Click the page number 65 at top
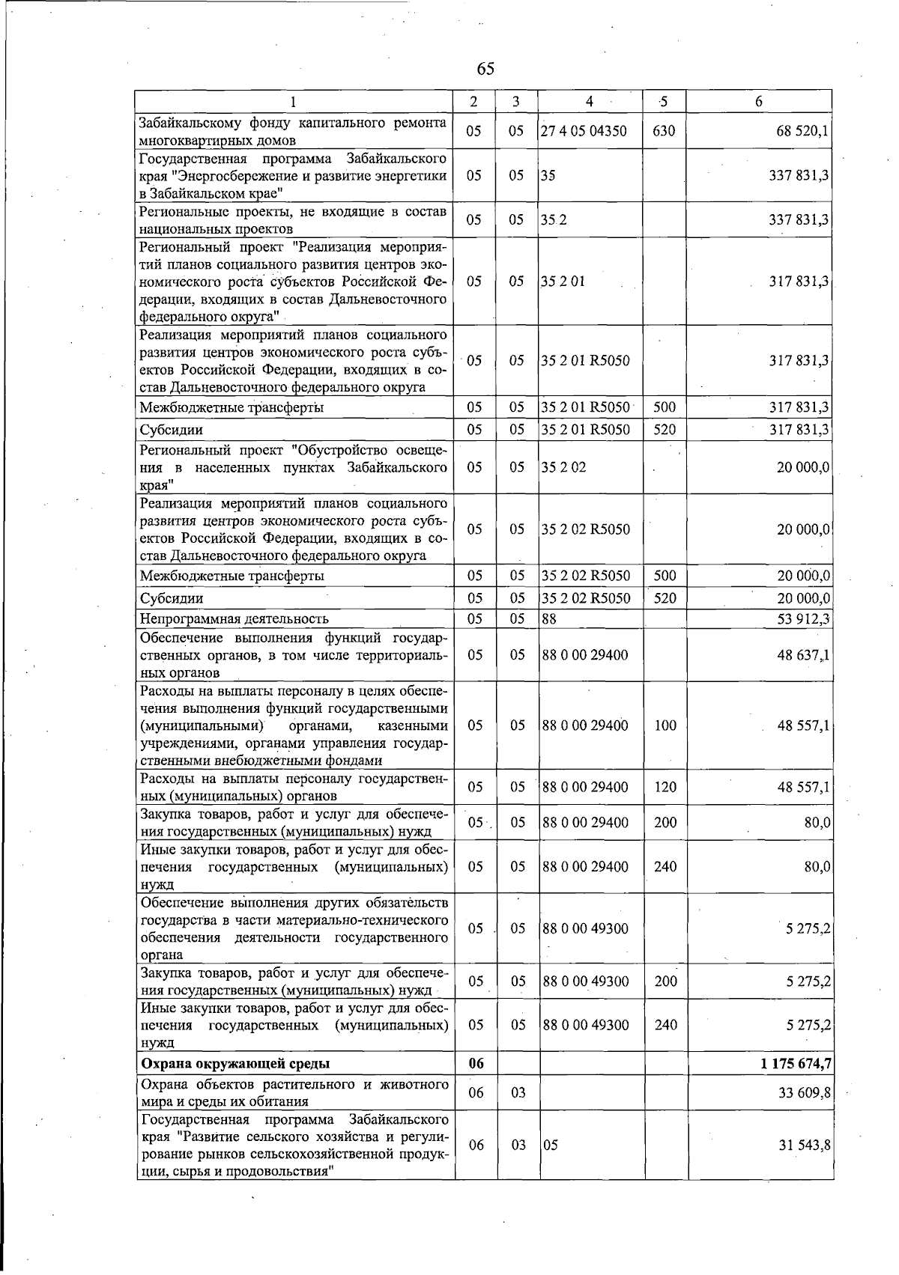point(485,69)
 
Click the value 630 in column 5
point(664,131)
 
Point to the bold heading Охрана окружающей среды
point(235,1063)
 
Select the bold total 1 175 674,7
point(796,1063)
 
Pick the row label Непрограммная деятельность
point(234,618)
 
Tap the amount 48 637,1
point(802,655)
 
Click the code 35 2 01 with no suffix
point(563,282)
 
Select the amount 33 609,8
point(802,1092)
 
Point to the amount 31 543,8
point(802,1145)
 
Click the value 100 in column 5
point(665,725)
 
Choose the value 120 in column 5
point(665,787)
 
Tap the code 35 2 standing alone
point(554,220)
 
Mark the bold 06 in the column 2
point(476,1063)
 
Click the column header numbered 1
point(293,101)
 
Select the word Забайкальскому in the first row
point(185,123)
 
